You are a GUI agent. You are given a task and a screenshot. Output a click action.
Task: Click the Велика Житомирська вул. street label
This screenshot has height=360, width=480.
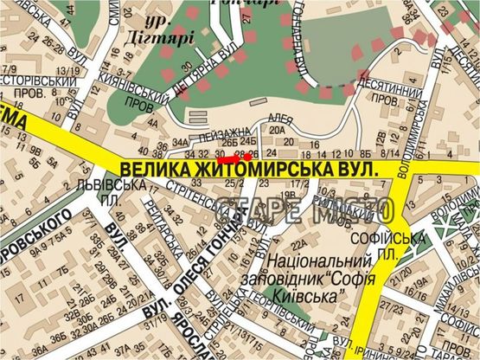click(x=251, y=169)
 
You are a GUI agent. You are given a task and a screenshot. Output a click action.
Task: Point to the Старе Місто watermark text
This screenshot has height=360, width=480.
click(x=308, y=209)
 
